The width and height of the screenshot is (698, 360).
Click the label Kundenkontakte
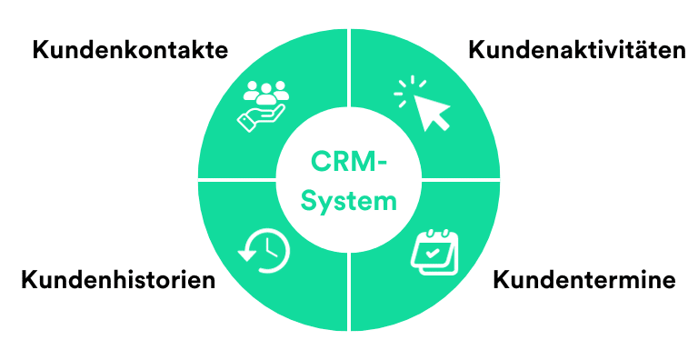point(129,49)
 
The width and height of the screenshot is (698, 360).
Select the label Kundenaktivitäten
point(576,49)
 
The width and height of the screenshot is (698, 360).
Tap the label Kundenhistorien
point(118,279)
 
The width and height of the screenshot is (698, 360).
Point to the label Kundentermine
point(583,279)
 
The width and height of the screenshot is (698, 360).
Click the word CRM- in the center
point(349,161)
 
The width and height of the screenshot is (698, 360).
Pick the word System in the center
point(349,200)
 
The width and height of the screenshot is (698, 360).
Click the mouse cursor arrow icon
point(432,111)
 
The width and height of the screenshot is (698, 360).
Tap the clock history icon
point(264,248)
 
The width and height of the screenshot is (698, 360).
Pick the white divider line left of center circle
point(236,178)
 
